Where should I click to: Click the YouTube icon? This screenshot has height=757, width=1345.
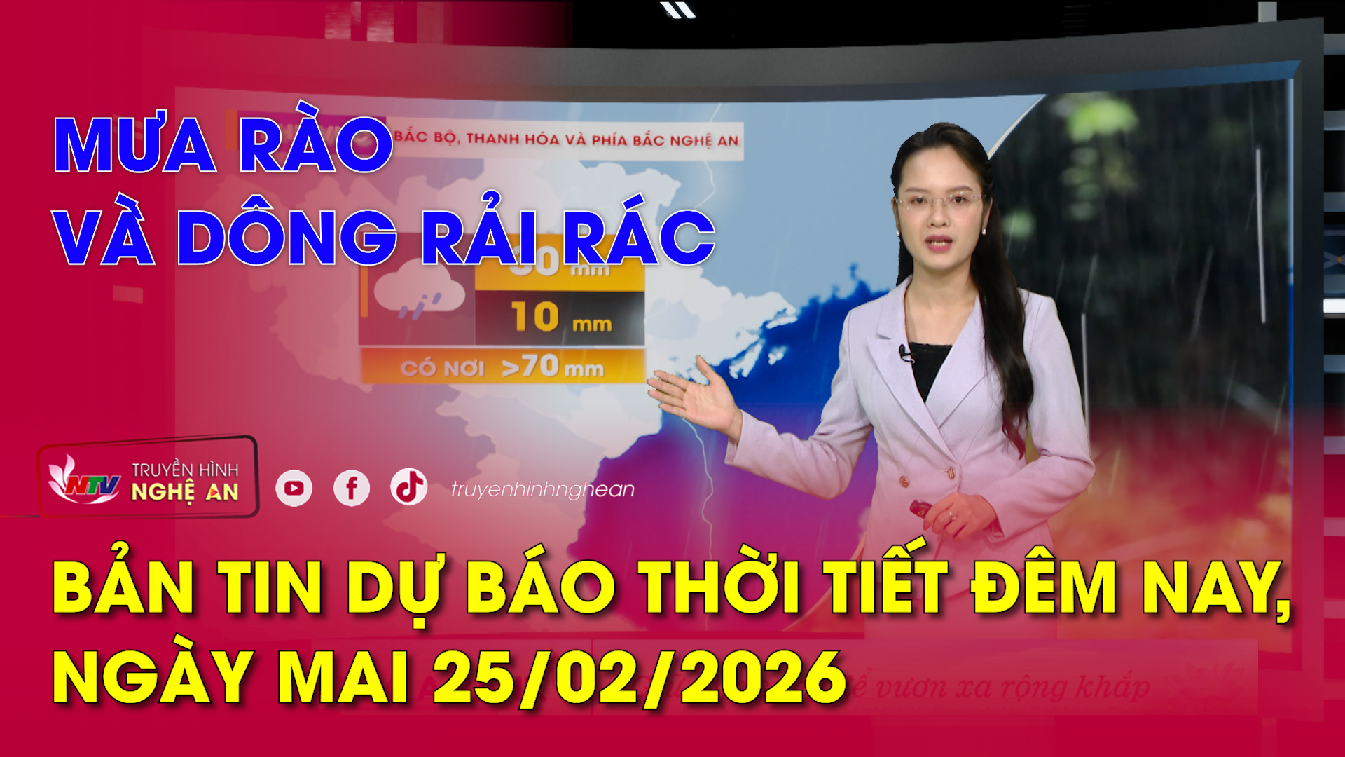coord(294,489)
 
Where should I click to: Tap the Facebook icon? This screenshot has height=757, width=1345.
coord(352,488)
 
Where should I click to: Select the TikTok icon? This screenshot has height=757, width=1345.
coord(409,486)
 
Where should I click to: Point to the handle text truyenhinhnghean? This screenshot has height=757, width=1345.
coord(542,489)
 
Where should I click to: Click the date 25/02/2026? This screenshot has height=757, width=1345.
coord(639,677)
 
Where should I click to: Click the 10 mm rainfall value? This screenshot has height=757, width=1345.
coord(560,318)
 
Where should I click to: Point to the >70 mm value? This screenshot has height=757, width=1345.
coord(553,367)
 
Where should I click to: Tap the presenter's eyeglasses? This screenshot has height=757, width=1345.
coord(939,202)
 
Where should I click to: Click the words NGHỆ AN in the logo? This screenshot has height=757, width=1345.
coord(185,492)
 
